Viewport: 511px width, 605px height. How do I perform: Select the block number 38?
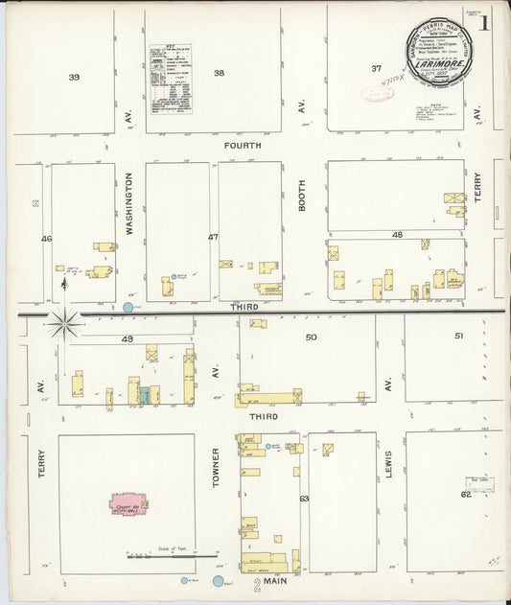pos(219,73)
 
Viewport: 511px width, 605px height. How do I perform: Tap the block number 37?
pos(377,68)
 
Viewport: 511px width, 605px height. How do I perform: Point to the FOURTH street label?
pos(243,146)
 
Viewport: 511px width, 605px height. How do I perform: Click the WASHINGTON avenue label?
pos(128,204)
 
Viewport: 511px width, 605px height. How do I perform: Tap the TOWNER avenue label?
pos(216,466)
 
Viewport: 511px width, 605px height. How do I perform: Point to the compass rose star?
pos(64,324)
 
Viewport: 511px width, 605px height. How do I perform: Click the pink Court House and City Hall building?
pos(128,502)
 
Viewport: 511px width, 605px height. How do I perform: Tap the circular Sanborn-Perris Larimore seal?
pos(437,53)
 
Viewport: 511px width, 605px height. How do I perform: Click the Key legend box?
pos(171,79)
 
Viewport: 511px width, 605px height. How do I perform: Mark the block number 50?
pos(311,337)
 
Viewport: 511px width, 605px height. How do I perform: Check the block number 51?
pos(458,336)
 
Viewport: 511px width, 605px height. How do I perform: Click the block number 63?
pos(304,499)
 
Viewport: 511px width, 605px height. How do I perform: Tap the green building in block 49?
pos(143,394)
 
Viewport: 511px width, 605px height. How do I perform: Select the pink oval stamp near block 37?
pos(378,94)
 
